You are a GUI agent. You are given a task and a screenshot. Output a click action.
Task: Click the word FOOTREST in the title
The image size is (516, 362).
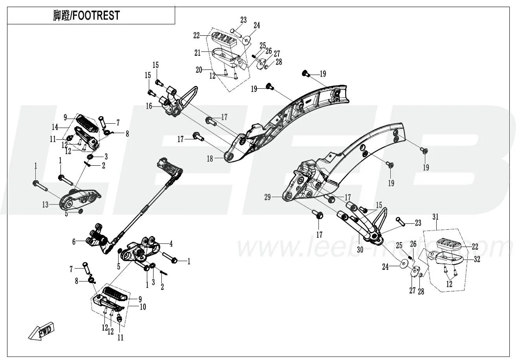tap(96, 15)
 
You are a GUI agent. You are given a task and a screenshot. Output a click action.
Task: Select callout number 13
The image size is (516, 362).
tap(46, 205)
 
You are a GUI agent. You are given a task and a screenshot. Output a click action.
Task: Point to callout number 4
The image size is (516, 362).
tap(171, 244)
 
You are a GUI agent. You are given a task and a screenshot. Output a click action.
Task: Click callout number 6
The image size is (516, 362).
tap(74, 242)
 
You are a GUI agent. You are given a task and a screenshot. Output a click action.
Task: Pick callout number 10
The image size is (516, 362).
tap(143, 307)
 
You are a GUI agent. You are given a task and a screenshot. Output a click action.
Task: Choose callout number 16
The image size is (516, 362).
tap(149, 106)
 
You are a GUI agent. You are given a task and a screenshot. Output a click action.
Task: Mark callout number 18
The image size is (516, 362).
tap(210, 159)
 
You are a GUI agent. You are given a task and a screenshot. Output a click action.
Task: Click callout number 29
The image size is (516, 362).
tap(267, 197)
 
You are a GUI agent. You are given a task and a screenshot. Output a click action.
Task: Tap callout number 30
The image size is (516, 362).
tap(360, 250)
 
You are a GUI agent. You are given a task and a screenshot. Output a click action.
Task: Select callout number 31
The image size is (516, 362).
tap(435, 217)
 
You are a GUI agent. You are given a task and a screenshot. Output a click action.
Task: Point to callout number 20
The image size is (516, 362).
tap(199, 70)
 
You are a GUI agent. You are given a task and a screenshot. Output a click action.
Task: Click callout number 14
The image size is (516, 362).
tap(55, 127)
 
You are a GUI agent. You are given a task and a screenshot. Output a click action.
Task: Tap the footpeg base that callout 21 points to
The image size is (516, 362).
tap(228, 58)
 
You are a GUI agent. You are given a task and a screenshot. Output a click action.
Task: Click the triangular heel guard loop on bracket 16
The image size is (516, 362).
tap(189, 96)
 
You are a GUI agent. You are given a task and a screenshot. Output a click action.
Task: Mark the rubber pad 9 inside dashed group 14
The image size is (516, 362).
tap(87, 124)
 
